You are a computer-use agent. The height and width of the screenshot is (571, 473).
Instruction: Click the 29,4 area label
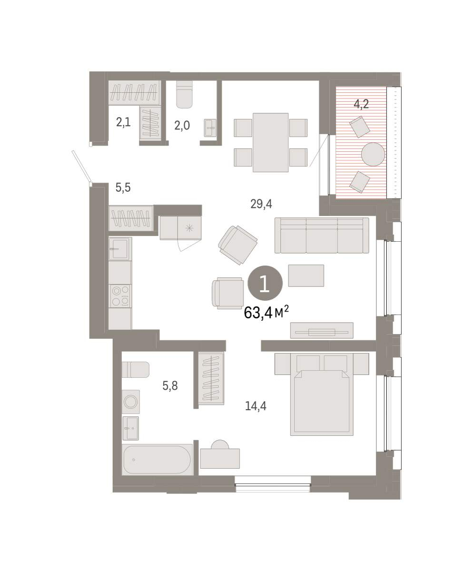[x=261, y=204]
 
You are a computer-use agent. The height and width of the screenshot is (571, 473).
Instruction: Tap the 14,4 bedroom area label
[x=256, y=406]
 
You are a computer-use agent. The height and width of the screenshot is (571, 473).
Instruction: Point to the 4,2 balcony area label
[x=361, y=104]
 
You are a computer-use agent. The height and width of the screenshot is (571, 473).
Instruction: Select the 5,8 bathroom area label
[x=170, y=386]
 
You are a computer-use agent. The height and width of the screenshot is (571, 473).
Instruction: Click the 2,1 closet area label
[x=123, y=122]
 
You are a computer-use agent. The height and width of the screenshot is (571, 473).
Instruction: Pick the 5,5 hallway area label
[x=123, y=188]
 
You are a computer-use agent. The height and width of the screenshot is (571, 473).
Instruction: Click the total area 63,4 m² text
[x=266, y=312]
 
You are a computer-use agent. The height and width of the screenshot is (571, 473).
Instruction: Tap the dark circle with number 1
[x=265, y=283]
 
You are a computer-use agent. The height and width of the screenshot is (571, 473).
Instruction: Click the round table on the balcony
[x=373, y=154]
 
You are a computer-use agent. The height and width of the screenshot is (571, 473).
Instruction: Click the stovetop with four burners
[x=120, y=296]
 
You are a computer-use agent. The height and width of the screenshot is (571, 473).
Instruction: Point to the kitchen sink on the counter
[x=120, y=248]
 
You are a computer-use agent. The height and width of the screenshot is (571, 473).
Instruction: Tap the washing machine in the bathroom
[x=131, y=402]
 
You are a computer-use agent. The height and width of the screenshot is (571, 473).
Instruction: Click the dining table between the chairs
[x=270, y=142]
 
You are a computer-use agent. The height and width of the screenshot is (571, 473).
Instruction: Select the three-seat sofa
[x=322, y=236]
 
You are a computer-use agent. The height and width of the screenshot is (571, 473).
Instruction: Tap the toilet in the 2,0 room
[x=184, y=94]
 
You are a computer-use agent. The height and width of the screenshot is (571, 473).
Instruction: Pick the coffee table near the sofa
[x=306, y=276]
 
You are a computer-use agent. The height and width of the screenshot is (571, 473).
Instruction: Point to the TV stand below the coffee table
[x=322, y=331]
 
